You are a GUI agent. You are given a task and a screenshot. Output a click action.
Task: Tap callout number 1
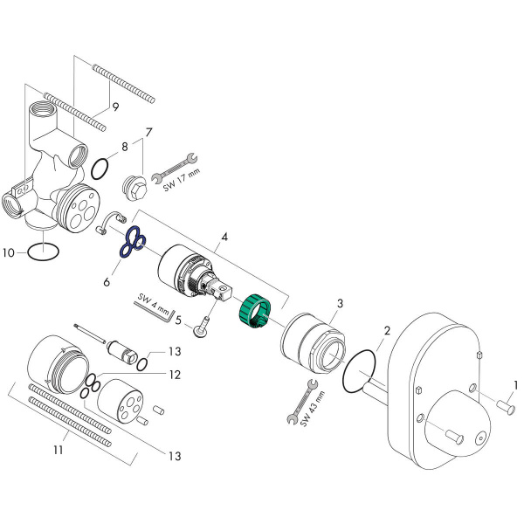[x=515, y=384]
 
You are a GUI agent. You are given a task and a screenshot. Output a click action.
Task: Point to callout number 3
[x=340, y=302]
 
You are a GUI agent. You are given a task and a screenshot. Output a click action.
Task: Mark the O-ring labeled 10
[x=45, y=252]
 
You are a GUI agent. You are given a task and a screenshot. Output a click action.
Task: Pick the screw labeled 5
[x=203, y=327]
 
